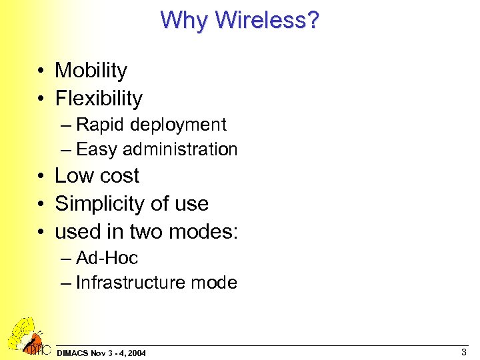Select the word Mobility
pos(91,70)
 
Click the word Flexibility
pos(99,99)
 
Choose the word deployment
pos(178,125)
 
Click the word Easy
pos(97,149)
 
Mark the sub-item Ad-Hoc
pos(107,257)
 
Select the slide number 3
pos(463,351)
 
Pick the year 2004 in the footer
pos(137,353)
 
